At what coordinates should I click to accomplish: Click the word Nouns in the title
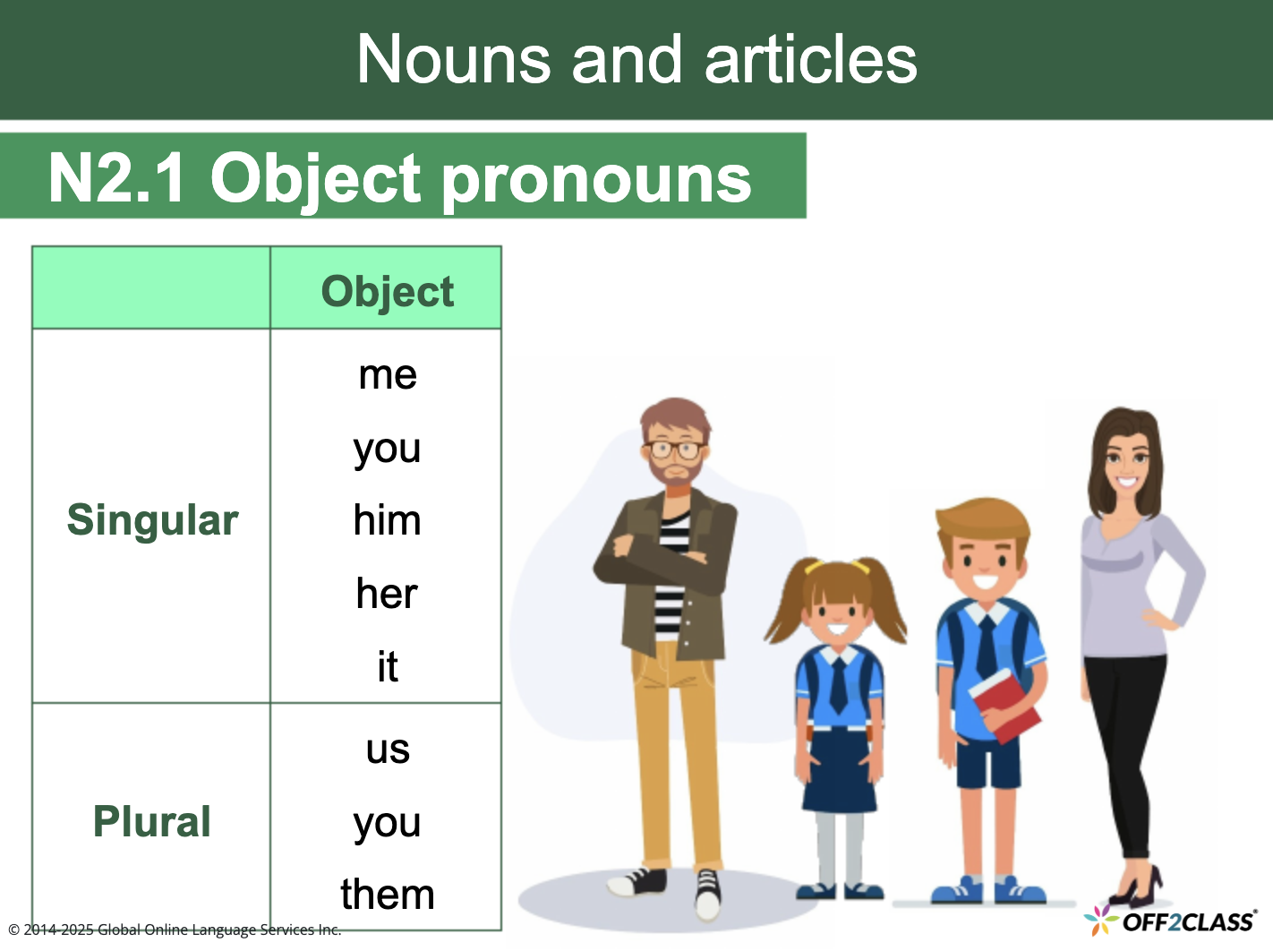click(x=453, y=59)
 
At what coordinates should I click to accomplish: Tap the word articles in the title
click(x=810, y=59)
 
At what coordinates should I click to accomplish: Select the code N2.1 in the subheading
click(x=117, y=177)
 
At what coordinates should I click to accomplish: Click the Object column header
click(x=387, y=292)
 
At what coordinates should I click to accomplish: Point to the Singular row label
click(x=152, y=520)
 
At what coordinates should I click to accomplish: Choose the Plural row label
click(x=152, y=821)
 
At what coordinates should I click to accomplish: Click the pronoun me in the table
click(x=387, y=374)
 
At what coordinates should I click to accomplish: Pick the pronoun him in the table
click(x=387, y=520)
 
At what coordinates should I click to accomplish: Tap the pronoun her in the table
click(x=387, y=594)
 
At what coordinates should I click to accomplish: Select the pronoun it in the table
click(x=387, y=667)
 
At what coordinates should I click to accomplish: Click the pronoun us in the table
click(x=387, y=749)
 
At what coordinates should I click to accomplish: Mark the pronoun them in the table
click(x=387, y=895)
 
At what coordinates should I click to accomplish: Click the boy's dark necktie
click(x=986, y=645)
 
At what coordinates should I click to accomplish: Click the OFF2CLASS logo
click(x=1173, y=921)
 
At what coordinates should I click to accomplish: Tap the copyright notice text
click(x=175, y=930)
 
